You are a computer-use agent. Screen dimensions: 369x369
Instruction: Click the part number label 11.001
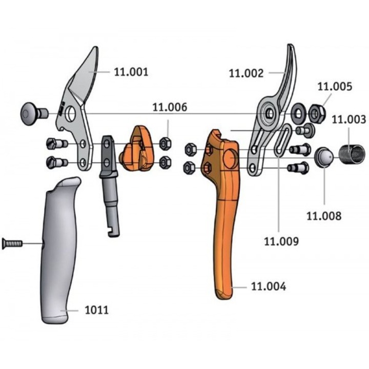click(131, 72)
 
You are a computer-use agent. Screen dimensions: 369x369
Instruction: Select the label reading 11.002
click(246, 73)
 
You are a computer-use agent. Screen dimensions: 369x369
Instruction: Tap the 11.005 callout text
click(335, 87)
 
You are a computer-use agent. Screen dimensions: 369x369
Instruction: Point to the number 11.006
click(170, 107)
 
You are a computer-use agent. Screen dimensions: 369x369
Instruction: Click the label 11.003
click(349, 119)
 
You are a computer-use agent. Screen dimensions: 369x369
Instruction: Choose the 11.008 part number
click(324, 216)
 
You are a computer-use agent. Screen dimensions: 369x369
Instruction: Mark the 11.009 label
click(281, 241)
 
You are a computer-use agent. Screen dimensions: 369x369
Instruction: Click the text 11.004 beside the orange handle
click(269, 286)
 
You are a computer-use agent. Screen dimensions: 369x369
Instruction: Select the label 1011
click(97, 310)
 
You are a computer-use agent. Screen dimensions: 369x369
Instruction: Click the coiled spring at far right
click(352, 154)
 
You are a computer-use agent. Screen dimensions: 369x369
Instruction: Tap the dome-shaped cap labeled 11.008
click(324, 157)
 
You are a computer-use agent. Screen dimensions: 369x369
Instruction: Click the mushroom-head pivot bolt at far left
click(34, 114)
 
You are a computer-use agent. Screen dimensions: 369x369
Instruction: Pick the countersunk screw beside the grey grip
click(12, 243)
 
